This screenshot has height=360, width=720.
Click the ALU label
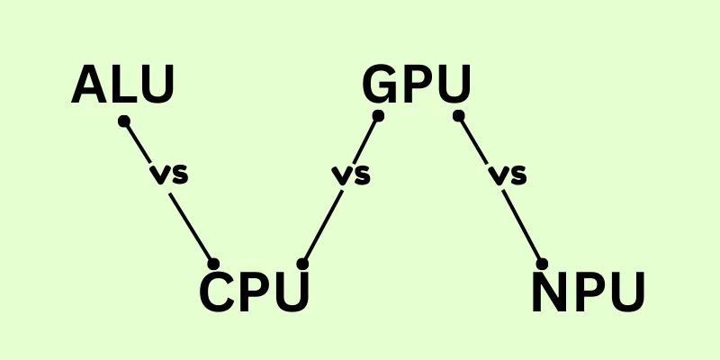coord(122,85)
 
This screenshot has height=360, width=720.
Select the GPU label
coord(416,85)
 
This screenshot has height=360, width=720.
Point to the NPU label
coord(588,292)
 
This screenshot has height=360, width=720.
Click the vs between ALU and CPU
coord(169,175)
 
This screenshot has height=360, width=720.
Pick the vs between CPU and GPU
coord(351,175)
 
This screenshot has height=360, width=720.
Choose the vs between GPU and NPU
coord(506,175)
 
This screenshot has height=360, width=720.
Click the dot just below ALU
coord(124,120)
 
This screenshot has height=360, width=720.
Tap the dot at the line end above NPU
coord(542,264)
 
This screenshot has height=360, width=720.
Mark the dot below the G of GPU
coord(379,116)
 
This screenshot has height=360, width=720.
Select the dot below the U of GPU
coord(458,116)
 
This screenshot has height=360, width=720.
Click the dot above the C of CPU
coord(213,264)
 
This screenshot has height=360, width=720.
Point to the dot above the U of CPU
coord(302,264)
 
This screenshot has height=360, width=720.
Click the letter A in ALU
coord(89,85)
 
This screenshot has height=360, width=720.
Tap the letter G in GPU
coord(381,85)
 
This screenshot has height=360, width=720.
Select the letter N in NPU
coord(550,292)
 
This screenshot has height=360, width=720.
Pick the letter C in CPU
coord(216,292)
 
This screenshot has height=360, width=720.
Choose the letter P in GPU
coord(418,85)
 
